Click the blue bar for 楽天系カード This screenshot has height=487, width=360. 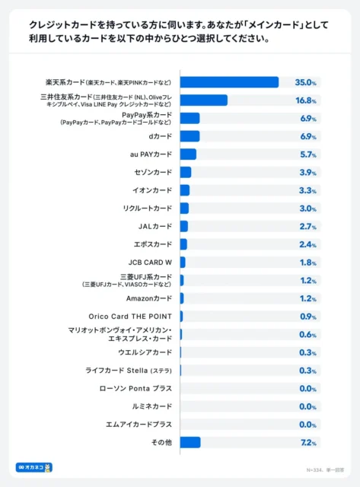(x=229, y=82)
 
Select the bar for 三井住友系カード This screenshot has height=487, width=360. (x=203, y=100)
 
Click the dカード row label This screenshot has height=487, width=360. (x=161, y=136)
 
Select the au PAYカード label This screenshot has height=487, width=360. (x=151, y=154)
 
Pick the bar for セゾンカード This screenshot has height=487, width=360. (x=186, y=172)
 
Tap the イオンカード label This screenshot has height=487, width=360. (x=152, y=190)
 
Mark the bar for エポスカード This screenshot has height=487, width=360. (x=183, y=244)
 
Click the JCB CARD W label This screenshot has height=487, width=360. (x=149, y=263)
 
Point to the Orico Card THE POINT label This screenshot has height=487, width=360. (x=130, y=317)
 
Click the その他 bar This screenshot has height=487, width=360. (x=190, y=442)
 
